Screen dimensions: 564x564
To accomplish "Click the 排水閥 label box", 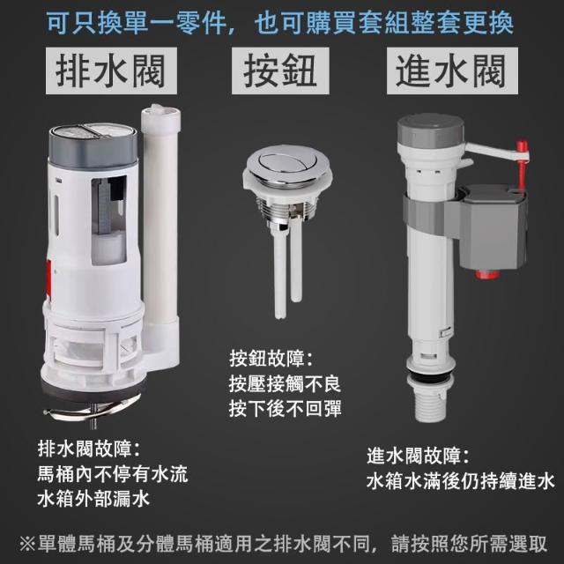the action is click(x=111, y=70).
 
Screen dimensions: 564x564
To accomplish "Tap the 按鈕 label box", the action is click(x=280, y=70).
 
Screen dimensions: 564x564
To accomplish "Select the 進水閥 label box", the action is click(x=452, y=70).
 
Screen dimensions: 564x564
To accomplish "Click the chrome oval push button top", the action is click(x=287, y=164).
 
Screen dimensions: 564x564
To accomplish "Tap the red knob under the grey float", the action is click(x=486, y=275).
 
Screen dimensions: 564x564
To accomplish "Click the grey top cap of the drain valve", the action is click(x=93, y=145).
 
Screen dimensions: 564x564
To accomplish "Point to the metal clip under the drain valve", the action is click(x=93, y=410).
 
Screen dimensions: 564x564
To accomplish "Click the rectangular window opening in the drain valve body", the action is click(x=108, y=220).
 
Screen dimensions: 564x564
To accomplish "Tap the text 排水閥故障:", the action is click(x=88, y=449).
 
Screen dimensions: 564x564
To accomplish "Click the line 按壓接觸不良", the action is click(x=285, y=384).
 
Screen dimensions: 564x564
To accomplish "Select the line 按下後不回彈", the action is click(x=285, y=408).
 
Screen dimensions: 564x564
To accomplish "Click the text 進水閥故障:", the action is click(x=418, y=456).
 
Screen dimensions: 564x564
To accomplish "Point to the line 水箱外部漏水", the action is click(x=93, y=499).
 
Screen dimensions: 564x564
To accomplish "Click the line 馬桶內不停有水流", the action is click(x=112, y=474).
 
